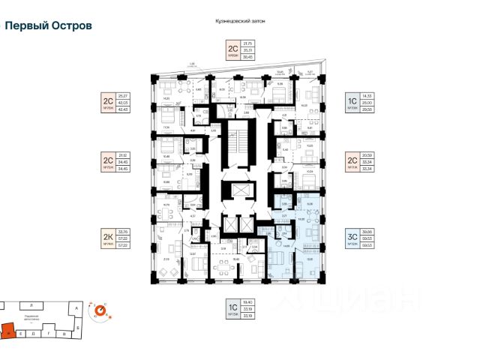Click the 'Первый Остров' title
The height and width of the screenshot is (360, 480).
(49, 25)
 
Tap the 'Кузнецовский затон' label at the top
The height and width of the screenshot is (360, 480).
(239, 21)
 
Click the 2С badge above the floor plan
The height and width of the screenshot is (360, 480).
(232, 51)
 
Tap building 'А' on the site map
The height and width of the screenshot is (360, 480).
(69, 306)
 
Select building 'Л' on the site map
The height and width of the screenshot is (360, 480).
(30, 306)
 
